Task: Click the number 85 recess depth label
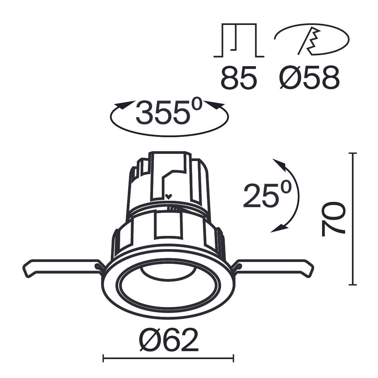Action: coord(239,78)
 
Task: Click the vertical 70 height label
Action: coord(333,219)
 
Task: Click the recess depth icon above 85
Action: coord(239,40)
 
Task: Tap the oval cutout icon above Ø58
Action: coord(311,39)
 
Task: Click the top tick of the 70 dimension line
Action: coord(353,153)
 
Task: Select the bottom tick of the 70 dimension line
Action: coord(353,285)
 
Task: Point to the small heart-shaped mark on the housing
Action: coord(169,196)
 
